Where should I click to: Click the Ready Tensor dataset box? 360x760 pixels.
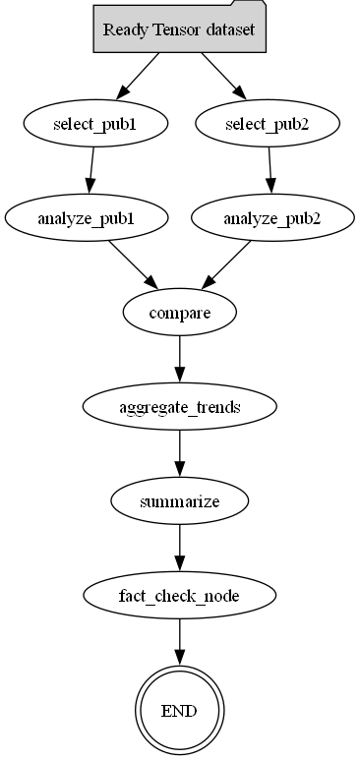(x=179, y=29)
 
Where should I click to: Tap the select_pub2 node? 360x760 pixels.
(x=268, y=124)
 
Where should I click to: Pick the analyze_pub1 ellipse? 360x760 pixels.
(x=83, y=218)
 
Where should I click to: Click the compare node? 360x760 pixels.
(x=179, y=313)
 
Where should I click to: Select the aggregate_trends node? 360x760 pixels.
(x=179, y=407)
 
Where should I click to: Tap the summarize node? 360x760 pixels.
(x=179, y=501)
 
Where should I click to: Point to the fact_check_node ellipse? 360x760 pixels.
(x=179, y=596)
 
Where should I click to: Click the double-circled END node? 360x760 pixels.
(x=179, y=709)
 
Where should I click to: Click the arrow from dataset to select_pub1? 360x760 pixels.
(x=138, y=76)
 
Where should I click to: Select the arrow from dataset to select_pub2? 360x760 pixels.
(x=222, y=76)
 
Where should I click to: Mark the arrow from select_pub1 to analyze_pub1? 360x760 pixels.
(x=90, y=170)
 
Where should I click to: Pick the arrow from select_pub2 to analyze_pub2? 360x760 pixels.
(x=270, y=170)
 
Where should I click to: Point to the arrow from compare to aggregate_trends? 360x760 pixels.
(x=179, y=359)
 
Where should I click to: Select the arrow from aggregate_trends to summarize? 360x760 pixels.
(x=179, y=453)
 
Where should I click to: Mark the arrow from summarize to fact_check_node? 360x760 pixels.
(x=179, y=548)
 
